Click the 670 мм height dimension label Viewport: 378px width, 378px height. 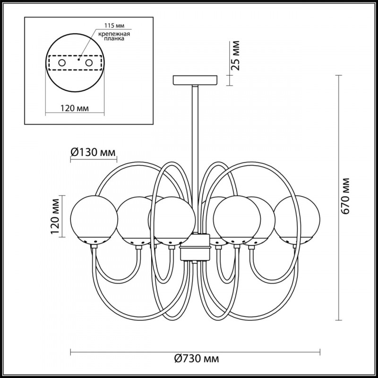coord(347,196)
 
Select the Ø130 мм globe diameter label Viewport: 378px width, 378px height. coord(93,152)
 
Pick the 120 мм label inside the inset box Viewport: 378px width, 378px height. coord(75,108)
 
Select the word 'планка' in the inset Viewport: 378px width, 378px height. coord(113,41)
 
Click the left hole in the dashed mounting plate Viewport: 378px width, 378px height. coord(61,62)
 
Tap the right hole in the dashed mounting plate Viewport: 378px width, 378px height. coord(88,62)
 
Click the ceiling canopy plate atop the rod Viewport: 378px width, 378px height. coord(195,80)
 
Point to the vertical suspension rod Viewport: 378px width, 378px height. coord(195,156)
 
